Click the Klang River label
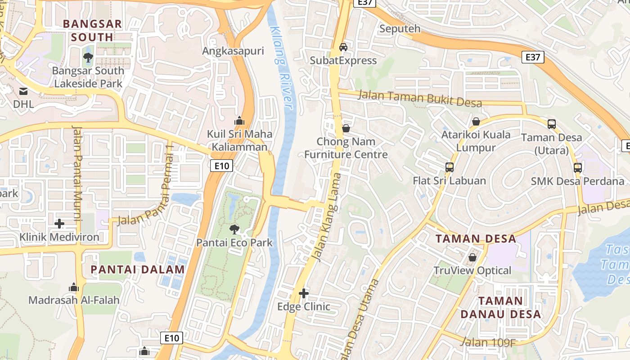coord(282,67)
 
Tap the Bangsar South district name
coord(92,30)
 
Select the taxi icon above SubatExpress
coord(343,47)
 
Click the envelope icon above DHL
coord(23,91)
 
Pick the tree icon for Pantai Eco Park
coord(234,229)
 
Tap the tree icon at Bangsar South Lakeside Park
coord(88,57)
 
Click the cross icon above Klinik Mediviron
coord(59,224)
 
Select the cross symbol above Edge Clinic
coord(304,293)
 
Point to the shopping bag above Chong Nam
coord(346,128)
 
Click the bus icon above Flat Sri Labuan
coord(449,167)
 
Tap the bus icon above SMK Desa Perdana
coord(578,168)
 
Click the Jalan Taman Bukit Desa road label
coord(420,99)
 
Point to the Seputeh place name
coord(400,29)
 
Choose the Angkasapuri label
coord(233,51)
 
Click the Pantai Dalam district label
coord(138,270)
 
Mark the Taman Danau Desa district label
coord(509,307)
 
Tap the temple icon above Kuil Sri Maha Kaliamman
coord(239,121)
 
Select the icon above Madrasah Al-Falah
coord(74,287)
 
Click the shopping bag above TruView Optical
coord(472,257)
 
